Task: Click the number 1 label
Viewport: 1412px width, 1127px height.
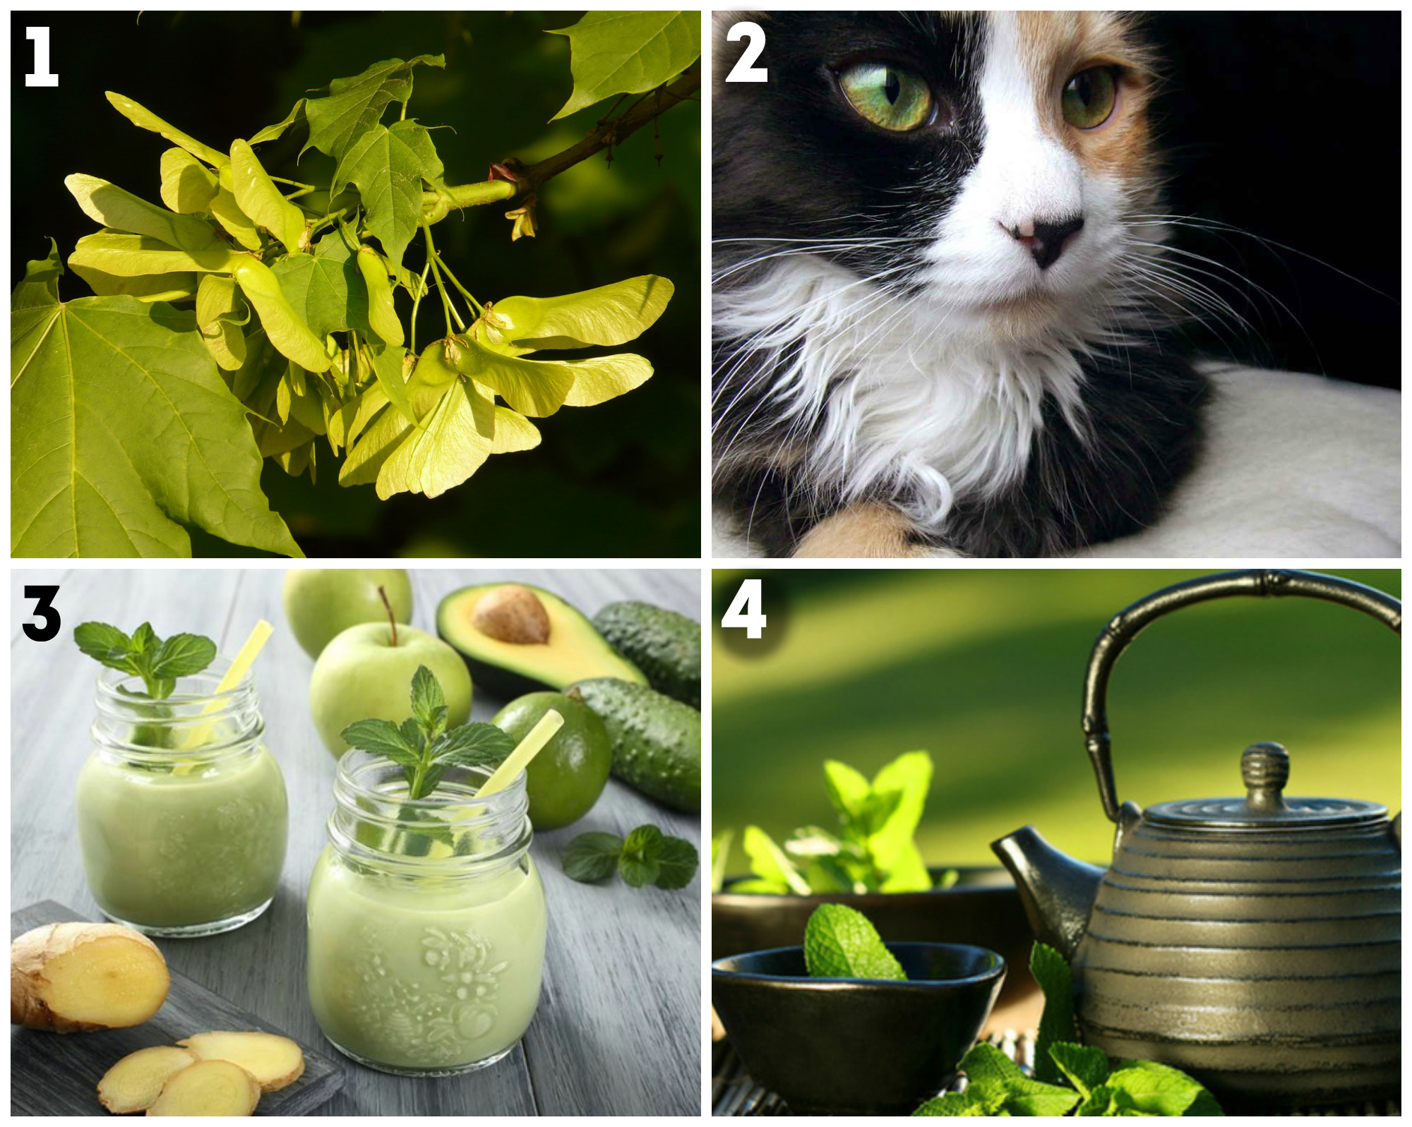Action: click(41, 56)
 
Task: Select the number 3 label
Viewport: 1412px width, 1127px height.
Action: click(42, 613)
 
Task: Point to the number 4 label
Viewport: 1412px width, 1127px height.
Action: click(743, 610)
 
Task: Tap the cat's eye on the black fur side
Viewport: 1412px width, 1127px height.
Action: click(887, 97)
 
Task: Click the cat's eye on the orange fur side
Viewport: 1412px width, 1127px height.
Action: click(1089, 97)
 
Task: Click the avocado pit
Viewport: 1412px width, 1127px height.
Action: click(510, 614)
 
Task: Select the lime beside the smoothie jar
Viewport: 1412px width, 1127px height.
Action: click(554, 759)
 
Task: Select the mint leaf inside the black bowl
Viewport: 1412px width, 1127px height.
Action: click(851, 941)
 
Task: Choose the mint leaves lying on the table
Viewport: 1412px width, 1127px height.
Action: click(630, 856)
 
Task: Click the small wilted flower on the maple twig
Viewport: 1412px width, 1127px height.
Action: click(523, 219)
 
